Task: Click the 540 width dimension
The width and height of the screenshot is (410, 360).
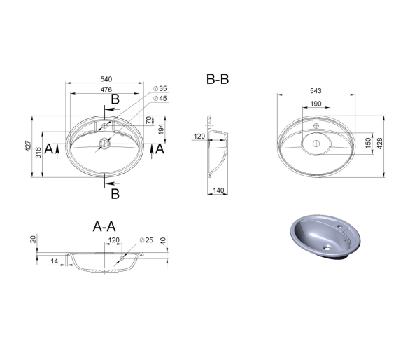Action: point(106,79)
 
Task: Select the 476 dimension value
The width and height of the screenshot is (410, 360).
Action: point(106,90)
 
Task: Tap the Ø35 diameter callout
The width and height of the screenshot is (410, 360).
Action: point(160,88)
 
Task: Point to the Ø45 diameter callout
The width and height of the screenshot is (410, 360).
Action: point(160,99)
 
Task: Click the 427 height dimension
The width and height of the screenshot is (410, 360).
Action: point(28,146)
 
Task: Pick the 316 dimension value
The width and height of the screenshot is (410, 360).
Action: point(38,153)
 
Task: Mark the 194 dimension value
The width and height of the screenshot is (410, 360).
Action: point(161,130)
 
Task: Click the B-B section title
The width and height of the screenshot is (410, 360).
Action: point(218,79)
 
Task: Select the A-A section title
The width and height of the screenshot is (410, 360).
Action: point(104,226)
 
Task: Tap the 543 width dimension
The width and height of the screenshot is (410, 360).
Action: point(316,91)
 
